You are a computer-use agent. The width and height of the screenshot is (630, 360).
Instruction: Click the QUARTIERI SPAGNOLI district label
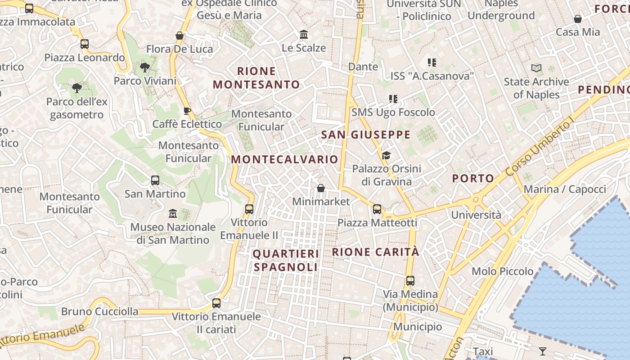pyautogui.click(x=286, y=261)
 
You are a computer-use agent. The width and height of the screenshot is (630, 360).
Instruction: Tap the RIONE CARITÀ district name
pyautogui.click(x=376, y=252)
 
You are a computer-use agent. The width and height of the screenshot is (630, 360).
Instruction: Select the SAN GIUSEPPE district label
pyautogui.click(x=366, y=135)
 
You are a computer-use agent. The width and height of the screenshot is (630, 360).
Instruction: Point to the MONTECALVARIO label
pyautogui.click(x=284, y=159)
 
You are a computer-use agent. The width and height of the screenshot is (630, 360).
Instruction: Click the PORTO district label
pyautogui.click(x=473, y=178)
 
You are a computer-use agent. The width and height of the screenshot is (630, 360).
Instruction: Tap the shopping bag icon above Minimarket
pyautogui.click(x=321, y=188)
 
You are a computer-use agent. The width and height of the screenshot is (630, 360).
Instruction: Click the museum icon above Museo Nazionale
pyautogui.click(x=173, y=213)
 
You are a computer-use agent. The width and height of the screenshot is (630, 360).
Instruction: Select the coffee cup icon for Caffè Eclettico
pyautogui.click(x=187, y=111)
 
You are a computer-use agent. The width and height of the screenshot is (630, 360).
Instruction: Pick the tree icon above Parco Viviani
pyautogui.click(x=144, y=68)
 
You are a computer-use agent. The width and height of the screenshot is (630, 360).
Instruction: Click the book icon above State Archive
pyautogui.click(x=536, y=68)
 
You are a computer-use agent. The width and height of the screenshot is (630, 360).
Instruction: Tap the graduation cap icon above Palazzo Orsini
pyautogui.click(x=386, y=156)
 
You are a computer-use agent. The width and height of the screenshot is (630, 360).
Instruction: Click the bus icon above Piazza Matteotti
pyautogui.click(x=377, y=209)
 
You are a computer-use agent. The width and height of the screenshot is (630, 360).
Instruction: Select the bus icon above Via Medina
pyautogui.click(x=410, y=281)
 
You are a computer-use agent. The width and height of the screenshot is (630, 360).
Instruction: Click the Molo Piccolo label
pyautogui.click(x=503, y=271)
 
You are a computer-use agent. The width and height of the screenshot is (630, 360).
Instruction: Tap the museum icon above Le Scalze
pyautogui.click(x=304, y=35)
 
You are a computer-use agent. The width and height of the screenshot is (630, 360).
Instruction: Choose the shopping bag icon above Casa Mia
pyautogui.click(x=578, y=19)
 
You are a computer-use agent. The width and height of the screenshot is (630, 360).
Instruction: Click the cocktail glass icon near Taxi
pyautogui.click(x=543, y=351)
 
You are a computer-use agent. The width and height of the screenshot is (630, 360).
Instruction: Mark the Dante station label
pyautogui.click(x=363, y=67)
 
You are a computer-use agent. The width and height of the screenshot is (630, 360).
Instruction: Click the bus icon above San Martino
pyautogui.click(x=155, y=180)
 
